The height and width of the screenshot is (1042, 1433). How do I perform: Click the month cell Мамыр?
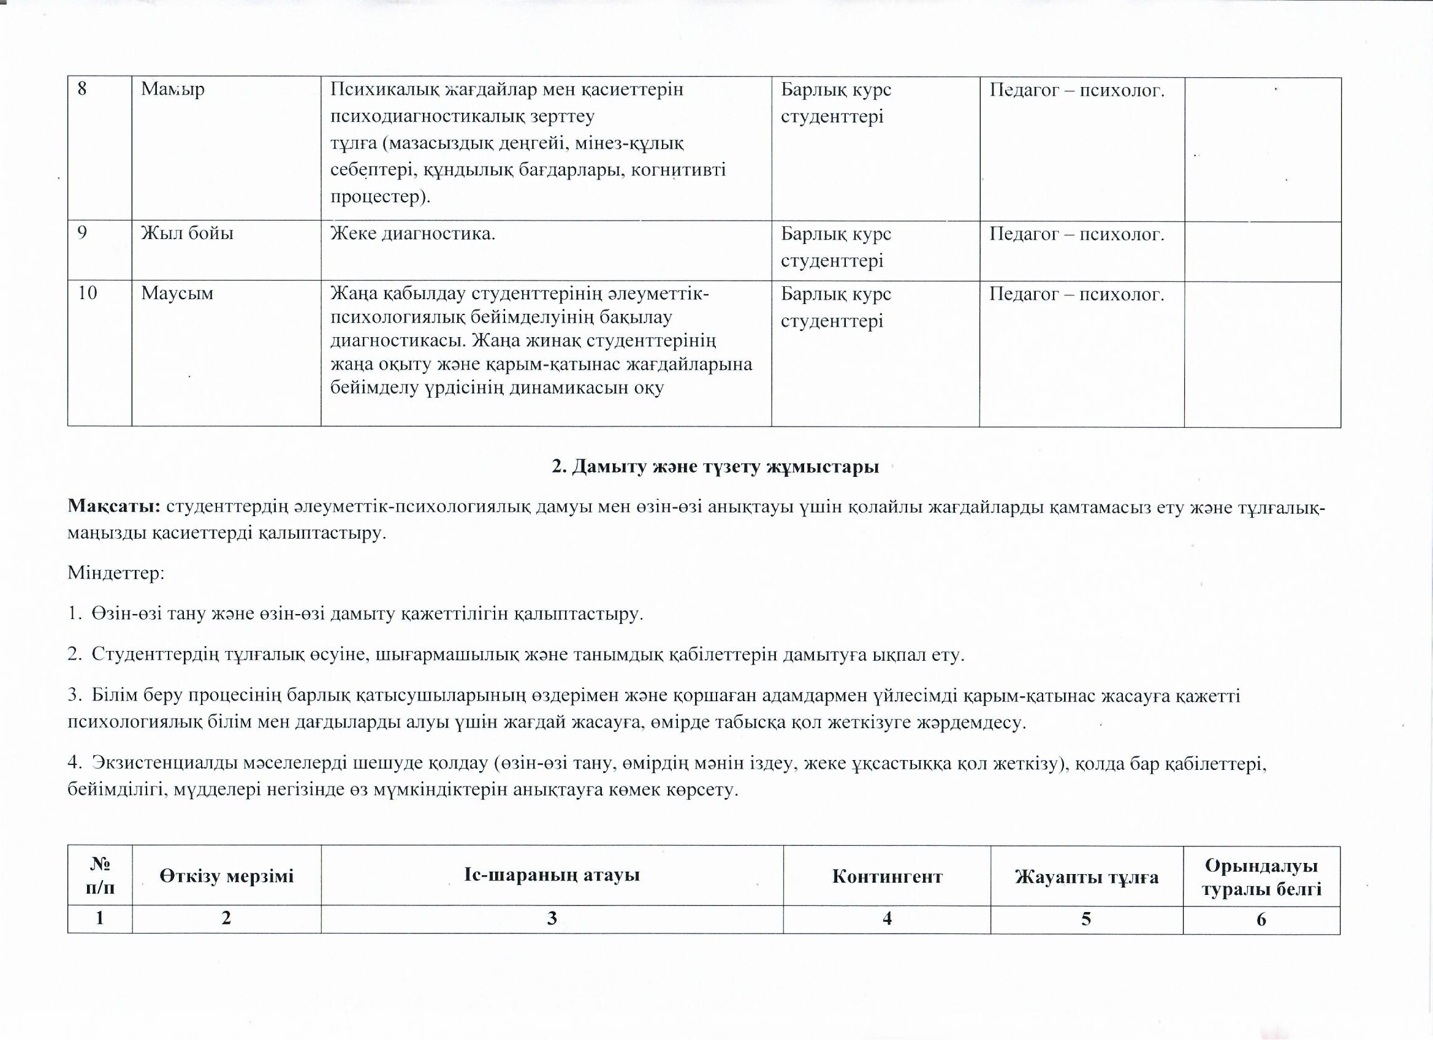[x=172, y=89]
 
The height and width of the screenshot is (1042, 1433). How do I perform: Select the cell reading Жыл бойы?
[x=187, y=234]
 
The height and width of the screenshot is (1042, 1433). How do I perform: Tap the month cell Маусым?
[x=177, y=294]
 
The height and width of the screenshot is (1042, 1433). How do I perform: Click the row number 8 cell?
[x=83, y=89]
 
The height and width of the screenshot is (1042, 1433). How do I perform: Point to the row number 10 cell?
[x=88, y=294]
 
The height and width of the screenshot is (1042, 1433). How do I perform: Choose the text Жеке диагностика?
[x=412, y=234]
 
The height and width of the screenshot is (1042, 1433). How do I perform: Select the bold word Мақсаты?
[x=115, y=507]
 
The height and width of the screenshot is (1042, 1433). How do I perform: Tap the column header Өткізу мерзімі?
[x=226, y=877]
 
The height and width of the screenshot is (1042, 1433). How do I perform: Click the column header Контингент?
[x=887, y=877]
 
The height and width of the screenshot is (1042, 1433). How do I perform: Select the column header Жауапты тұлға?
[x=1086, y=877]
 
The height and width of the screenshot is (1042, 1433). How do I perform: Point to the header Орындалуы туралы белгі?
[x=1261, y=877]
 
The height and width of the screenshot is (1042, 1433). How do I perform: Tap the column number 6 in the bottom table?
[x=1261, y=919]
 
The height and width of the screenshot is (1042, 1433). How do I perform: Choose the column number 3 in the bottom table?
[x=552, y=919]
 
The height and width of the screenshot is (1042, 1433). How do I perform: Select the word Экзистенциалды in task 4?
[x=165, y=764]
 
